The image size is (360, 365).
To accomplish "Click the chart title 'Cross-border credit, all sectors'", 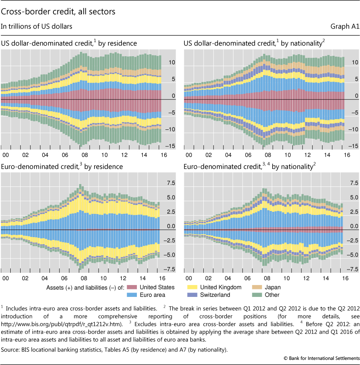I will click(x=58, y=12).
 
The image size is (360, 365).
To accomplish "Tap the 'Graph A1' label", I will click(x=345, y=27).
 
